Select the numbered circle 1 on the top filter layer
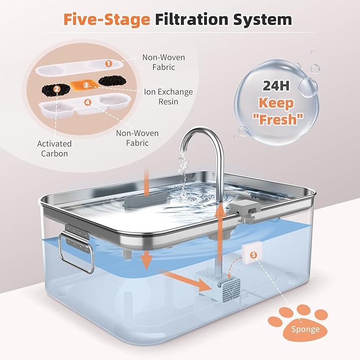pyautogui.click(x=108, y=63)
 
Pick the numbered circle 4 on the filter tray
pyautogui.click(x=87, y=101)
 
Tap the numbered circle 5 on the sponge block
pyautogui.click(x=253, y=255)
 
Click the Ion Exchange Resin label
pyautogui.click(x=169, y=96)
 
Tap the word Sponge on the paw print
pyautogui.click(x=305, y=329)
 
